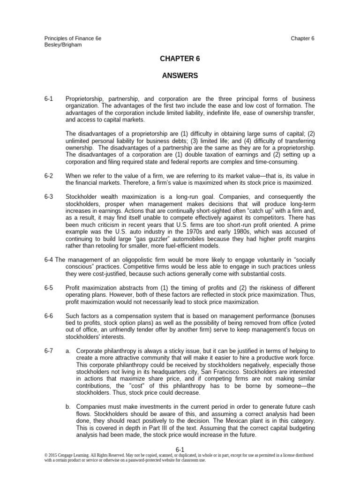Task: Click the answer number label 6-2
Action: [49, 175]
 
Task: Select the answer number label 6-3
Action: [49, 196]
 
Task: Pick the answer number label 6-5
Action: [49, 287]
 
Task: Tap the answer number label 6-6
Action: [49, 316]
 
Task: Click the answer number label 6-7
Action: [49, 351]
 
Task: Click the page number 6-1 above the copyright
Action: [180, 449]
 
